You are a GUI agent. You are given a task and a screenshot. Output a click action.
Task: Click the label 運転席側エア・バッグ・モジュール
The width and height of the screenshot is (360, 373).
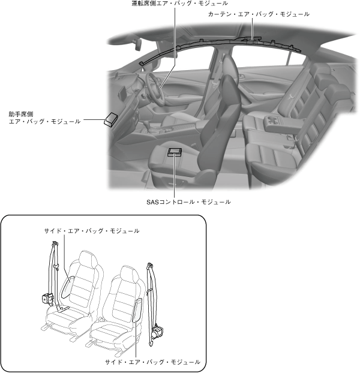click(179, 4)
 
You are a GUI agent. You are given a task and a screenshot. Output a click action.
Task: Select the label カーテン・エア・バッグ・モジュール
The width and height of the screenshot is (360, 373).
click(259, 13)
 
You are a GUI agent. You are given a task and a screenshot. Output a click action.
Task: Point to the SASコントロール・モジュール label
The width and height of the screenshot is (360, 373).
click(188, 201)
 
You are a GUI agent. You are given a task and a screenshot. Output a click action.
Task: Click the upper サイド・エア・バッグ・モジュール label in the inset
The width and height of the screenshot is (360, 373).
click(92, 231)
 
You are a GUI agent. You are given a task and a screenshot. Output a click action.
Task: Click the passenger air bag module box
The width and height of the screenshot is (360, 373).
click(111, 119)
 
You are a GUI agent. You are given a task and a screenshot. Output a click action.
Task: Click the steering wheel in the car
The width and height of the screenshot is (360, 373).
click(157, 90)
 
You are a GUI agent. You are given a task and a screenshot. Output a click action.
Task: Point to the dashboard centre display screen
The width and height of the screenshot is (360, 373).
click(124, 94)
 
